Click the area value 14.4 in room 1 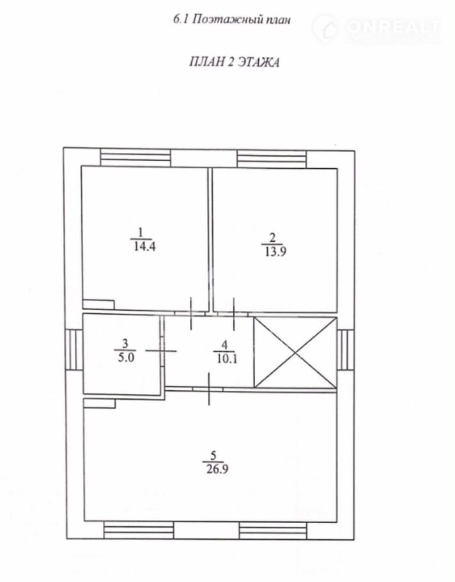point(144,246)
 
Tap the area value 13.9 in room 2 point(275,252)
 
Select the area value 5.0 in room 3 point(126,358)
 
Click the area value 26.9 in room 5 point(217,469)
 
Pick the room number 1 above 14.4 point(140,233)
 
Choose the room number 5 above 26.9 point(213,455)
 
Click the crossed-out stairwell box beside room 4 point(295,353)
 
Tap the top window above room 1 point(135,158)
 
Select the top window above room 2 point(272,159)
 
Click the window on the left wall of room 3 point(73,349)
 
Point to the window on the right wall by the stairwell point(346,349)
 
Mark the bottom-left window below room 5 point(138,530)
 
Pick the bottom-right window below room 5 point(273,531)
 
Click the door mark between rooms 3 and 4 point(161,350)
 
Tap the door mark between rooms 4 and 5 point(209,389)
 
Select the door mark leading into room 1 point(191,313)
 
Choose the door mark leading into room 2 point(234,314)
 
